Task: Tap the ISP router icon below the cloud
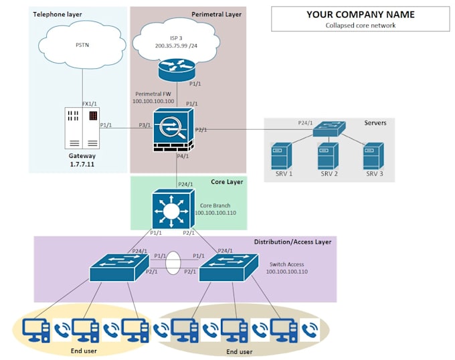[x=177, y=68]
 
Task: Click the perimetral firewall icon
[x=172, y=129]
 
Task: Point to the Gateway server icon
[x=82, y=127]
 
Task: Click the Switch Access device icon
[x=227, y=267]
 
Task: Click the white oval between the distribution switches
[x=173, y=263]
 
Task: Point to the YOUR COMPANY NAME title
[x=360, y=15]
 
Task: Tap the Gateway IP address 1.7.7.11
[x=82, y=163]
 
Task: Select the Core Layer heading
[x=226, y=182]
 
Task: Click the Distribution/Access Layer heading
[x=292, y=242]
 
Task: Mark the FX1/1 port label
[x=90, y=104]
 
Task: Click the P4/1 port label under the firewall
[x=183, y=156]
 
